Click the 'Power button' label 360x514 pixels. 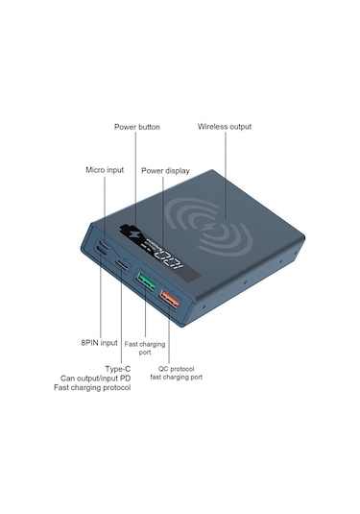click(137, 127)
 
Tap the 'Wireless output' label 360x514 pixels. click(225, 127)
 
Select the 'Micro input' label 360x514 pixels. click(105, 170)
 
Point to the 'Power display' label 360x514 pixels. click(164, 170)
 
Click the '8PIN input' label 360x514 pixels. click(99, 342)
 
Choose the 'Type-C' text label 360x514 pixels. click(118, 368)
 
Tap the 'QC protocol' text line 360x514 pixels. click(176, 367)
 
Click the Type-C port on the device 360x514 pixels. click(122, 266)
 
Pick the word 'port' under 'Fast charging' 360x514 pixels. click(144, 353)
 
